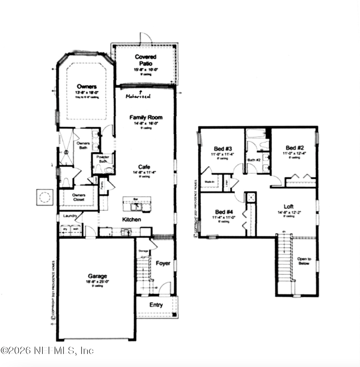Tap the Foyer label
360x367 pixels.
tap(163, 263)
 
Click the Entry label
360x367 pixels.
tap(156, 305)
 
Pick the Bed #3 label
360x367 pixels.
tap(223, 149)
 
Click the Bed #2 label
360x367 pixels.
tap(295, 148)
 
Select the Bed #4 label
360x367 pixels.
tap(223, 212)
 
